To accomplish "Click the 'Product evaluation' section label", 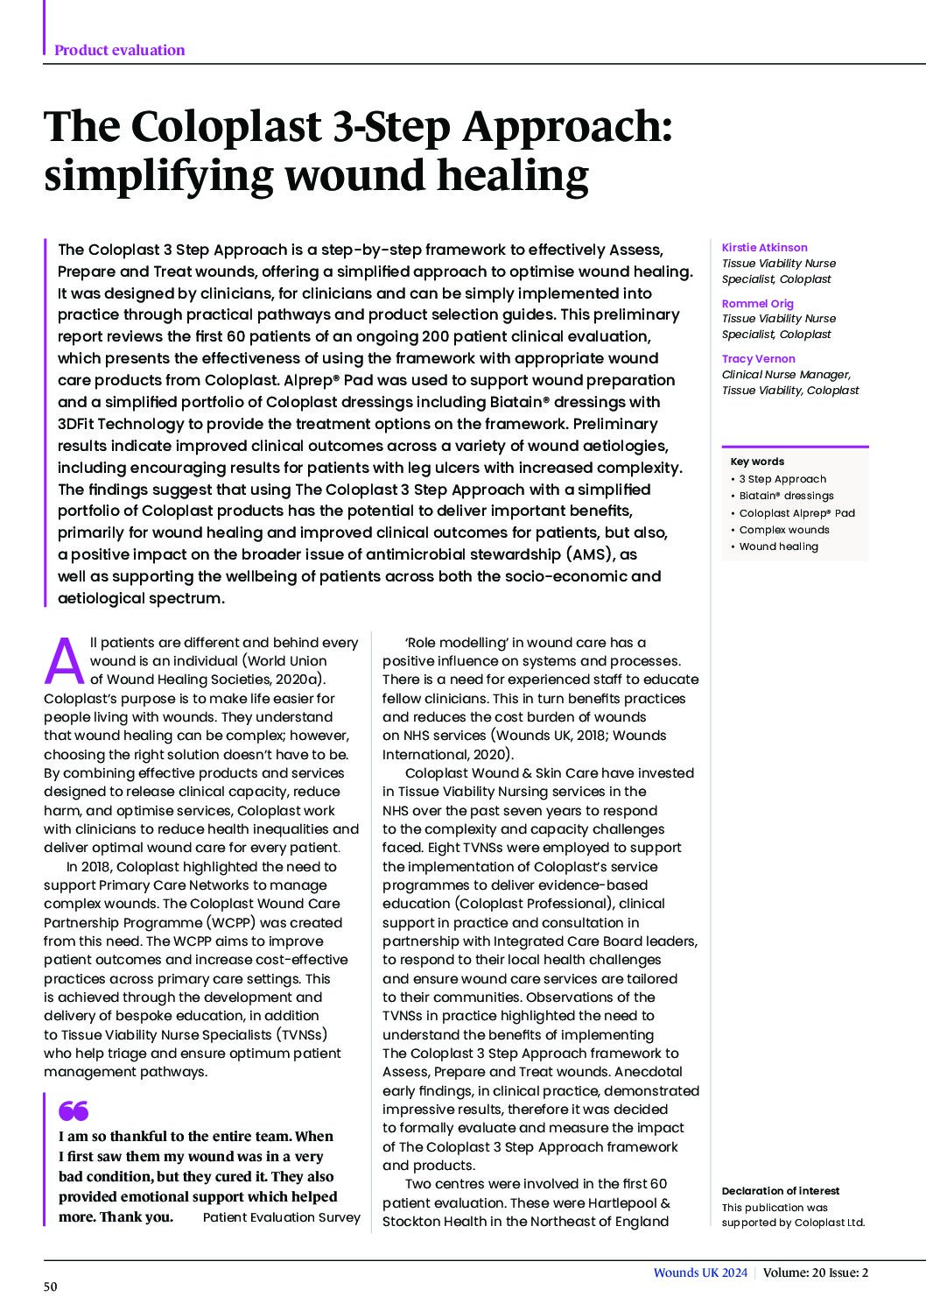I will click(119, 50).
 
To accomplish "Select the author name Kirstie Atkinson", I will click(764, 248).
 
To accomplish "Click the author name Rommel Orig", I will click(757, 303).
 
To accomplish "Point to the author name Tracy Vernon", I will click(758, 358).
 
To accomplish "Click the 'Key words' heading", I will click(757, 462).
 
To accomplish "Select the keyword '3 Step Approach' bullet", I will click(782, 479).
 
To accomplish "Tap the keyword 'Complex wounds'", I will click(783, 530).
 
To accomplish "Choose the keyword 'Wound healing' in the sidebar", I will click(778, 546).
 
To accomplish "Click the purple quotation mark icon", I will click(74, 1111).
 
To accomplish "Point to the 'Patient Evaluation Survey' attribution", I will click(281, 1217).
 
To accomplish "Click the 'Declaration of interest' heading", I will click(780, 1191).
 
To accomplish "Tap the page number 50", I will click(51, 1286).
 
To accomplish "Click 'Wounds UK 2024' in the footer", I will click(700, 1273).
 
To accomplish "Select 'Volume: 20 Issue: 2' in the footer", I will click(815, 1273).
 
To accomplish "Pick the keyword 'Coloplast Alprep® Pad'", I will click(796, 513).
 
